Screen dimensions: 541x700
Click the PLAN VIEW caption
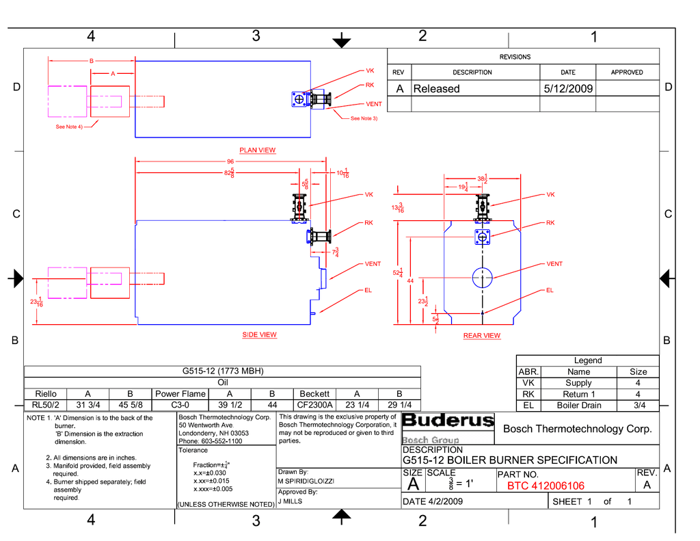(257, 150)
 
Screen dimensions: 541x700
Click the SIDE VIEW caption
(259, 335)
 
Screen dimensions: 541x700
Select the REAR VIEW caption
(481, 336)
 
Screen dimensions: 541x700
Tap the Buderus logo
(448, 421)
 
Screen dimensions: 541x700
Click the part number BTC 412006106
(546, 486)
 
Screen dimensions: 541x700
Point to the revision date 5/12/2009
(568, 89)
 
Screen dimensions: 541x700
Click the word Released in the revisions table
(436, 89)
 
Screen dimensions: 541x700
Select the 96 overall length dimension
(230, 161)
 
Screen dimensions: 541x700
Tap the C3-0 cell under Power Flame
(180, 405)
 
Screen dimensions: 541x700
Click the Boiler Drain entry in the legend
(578, 406)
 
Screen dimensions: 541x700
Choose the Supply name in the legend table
(578, 383)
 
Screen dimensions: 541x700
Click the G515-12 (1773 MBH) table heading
(222, 371)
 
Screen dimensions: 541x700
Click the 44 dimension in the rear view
(410, 280)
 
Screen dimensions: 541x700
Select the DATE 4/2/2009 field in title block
(433, 501)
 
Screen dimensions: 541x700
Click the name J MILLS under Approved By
(290, 501)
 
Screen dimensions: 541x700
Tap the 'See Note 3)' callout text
(364, 119)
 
